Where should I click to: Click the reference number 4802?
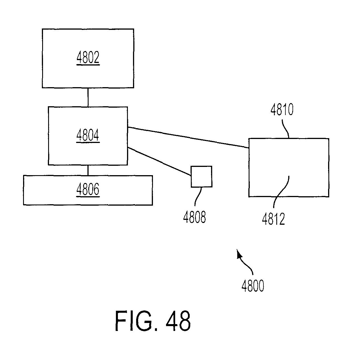click(x=88, y=57)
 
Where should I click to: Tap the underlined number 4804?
click(x=88, y=135)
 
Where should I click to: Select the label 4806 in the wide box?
click(x=88, y=189)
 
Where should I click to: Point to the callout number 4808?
click(x=195, y=217)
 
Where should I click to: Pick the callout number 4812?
click(x=273, y=219)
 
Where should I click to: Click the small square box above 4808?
click(x=201, y=177)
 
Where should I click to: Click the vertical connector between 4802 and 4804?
click(x=88, y=97)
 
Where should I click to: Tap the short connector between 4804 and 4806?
click(x=88, y=170)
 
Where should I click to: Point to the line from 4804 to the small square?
click(x=159, y=161)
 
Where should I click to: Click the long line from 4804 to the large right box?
click(x=188, y=138)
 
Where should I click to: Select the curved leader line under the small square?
click(x=198, y=197)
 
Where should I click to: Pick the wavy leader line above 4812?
click(x=281, y=192)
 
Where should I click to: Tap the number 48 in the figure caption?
click(x=178, y=321)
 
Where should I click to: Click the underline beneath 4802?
click(x=88, y=65)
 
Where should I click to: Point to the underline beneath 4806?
click(x=88, y=197)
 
